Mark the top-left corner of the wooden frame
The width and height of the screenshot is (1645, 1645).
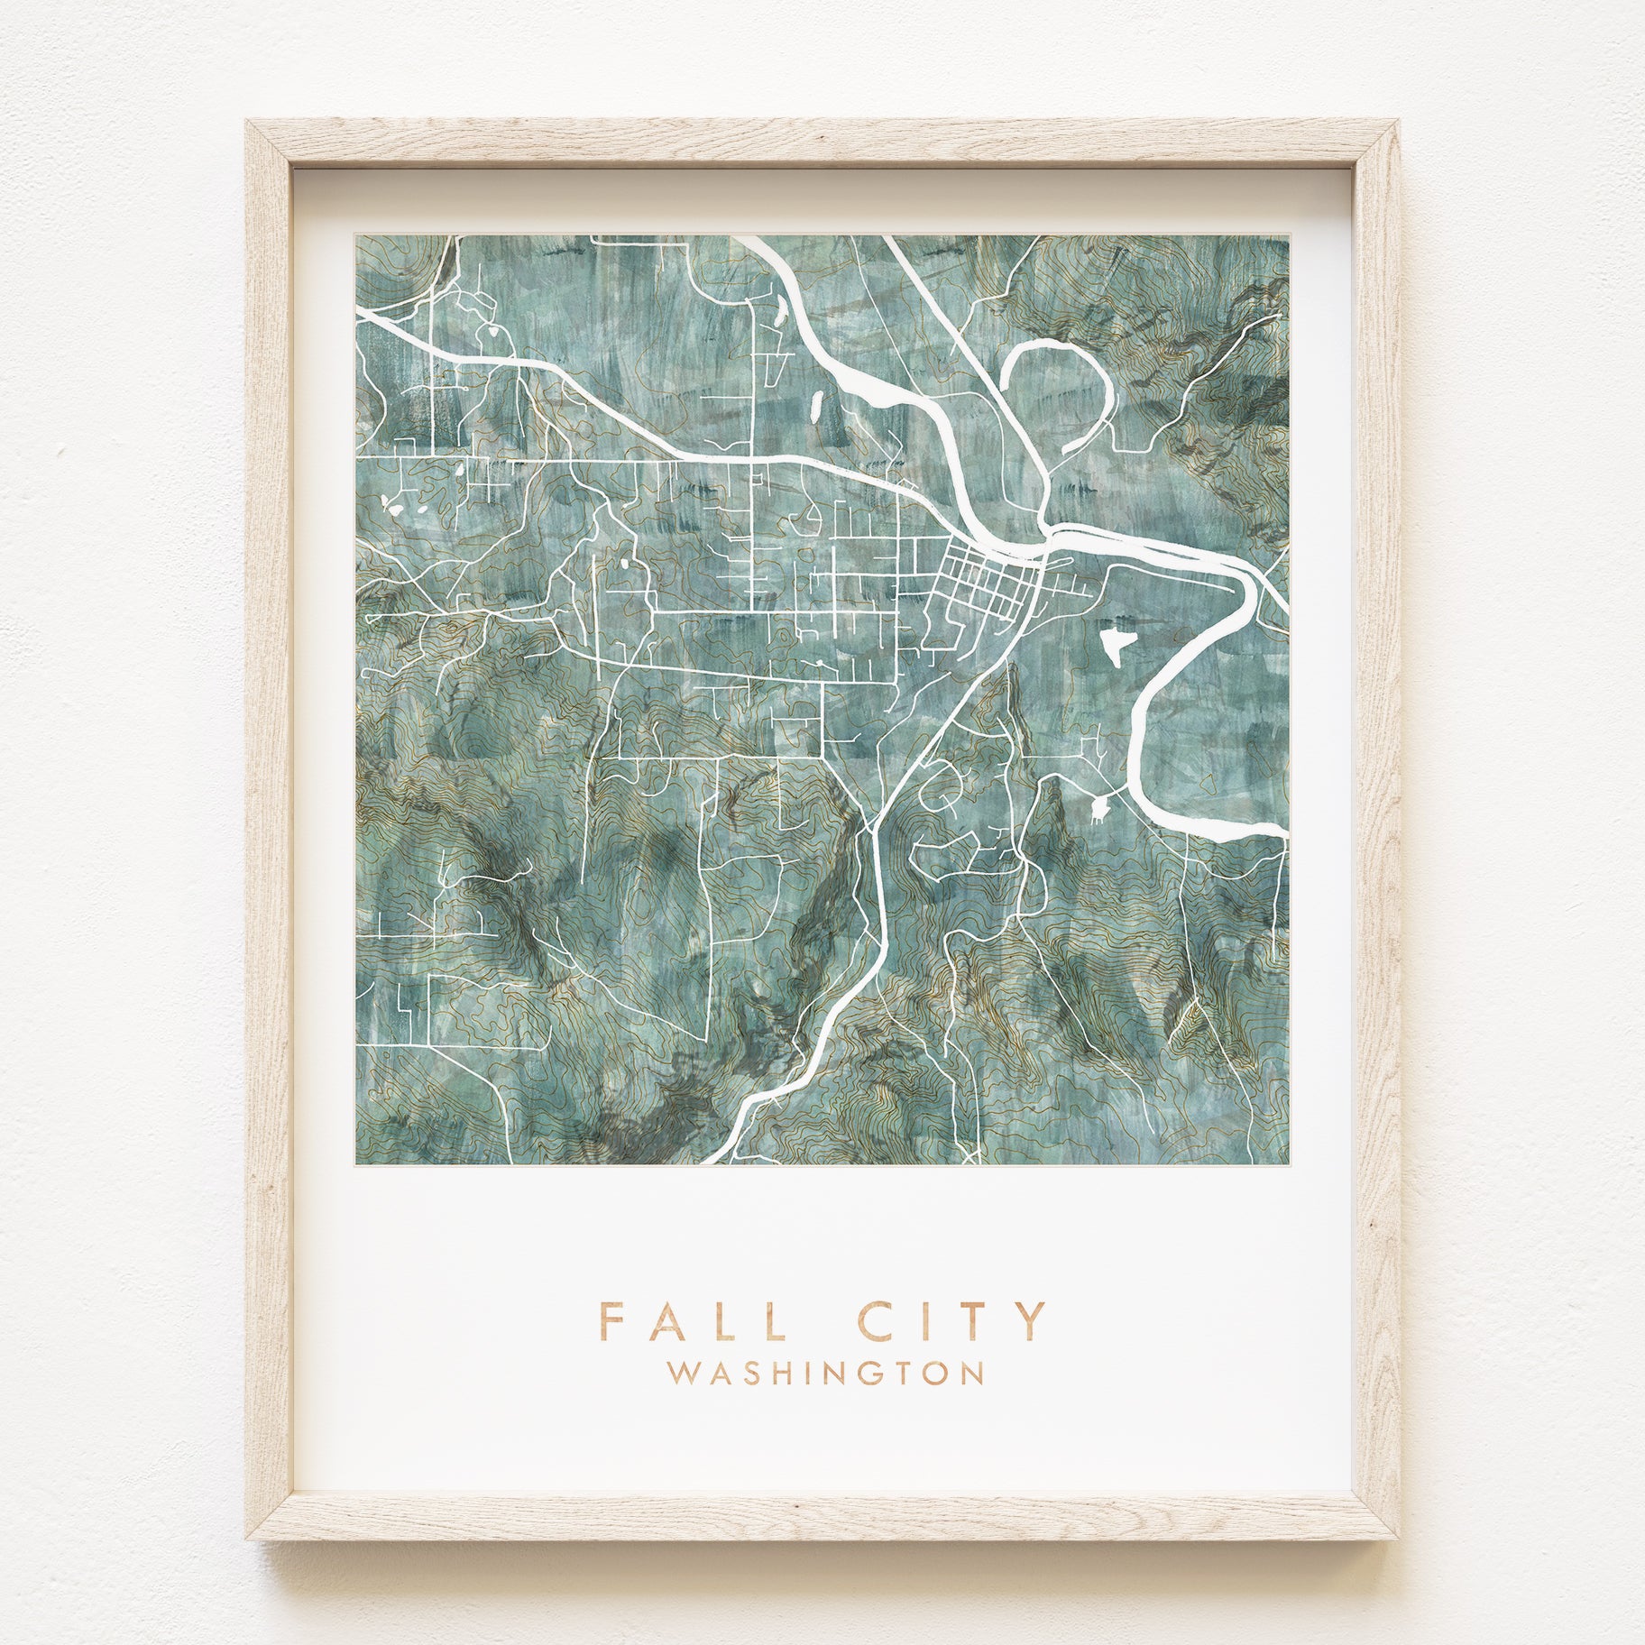point(247,121)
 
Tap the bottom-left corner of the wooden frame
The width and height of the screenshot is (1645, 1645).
point(247,1539)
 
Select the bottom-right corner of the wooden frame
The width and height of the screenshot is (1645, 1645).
point(1400,1539)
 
